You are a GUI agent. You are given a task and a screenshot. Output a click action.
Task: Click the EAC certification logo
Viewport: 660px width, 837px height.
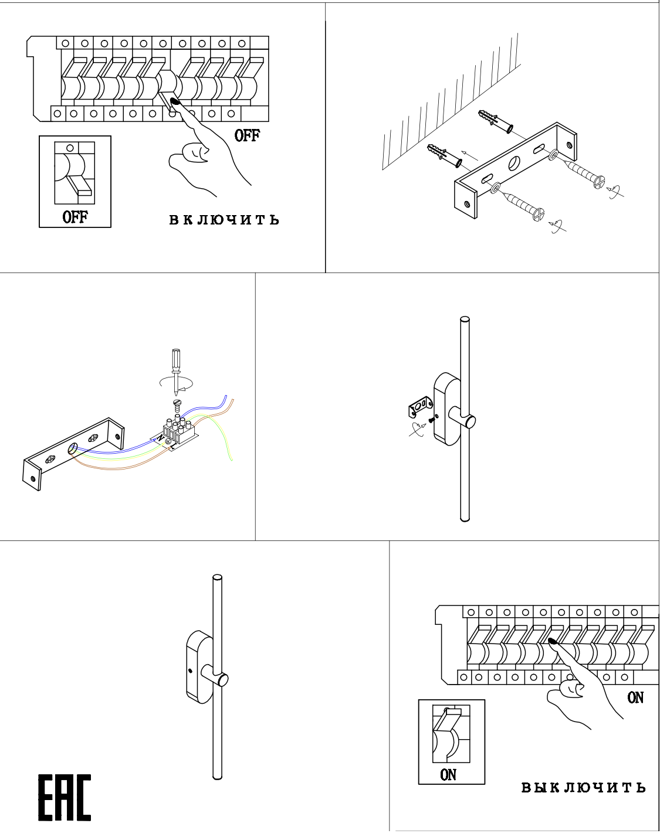[x=65, y=798]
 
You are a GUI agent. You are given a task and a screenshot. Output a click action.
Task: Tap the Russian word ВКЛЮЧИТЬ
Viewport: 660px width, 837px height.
[x=224, y=220]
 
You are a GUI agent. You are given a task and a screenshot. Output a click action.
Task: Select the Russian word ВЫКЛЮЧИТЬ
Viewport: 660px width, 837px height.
[x=584, y=788]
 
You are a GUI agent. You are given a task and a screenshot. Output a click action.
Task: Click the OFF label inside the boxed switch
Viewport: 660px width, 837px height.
[x=75, y=217]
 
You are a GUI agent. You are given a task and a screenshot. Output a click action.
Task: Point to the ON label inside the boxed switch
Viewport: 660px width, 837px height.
[x=448, y=775]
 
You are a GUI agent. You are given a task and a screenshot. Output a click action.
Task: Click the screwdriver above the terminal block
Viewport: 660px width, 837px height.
[x=175, y=366]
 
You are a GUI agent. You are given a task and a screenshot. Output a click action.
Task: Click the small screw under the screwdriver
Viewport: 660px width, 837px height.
[x=177, y=403]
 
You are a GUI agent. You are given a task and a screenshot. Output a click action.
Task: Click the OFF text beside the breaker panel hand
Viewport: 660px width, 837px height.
[x=247, y=135]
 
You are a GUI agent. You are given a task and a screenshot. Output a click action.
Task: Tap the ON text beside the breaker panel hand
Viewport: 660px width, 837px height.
[x=635, y=697]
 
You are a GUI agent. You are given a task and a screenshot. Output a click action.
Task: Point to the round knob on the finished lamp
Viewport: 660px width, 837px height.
[x=222, y=680]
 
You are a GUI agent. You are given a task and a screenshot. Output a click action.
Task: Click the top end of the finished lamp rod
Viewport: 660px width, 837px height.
[x=218, y=579]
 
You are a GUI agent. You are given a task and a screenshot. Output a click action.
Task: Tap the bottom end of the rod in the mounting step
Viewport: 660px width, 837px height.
[x=465, y=518]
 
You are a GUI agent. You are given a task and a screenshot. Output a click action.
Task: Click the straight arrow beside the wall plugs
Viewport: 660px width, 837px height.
[x=470, y=156]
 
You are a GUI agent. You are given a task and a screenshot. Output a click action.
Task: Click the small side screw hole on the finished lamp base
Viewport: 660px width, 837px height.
[x=191, y=670]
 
